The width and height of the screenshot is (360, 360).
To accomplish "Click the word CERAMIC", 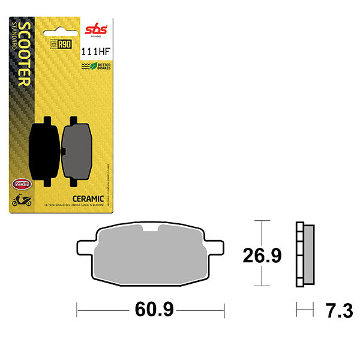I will pos(89,199).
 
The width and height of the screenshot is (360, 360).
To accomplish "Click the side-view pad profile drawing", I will pos(305,255).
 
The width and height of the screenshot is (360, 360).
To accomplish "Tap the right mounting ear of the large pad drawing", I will pos(215,245).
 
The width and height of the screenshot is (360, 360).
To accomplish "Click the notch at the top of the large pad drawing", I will pos(150,228).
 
